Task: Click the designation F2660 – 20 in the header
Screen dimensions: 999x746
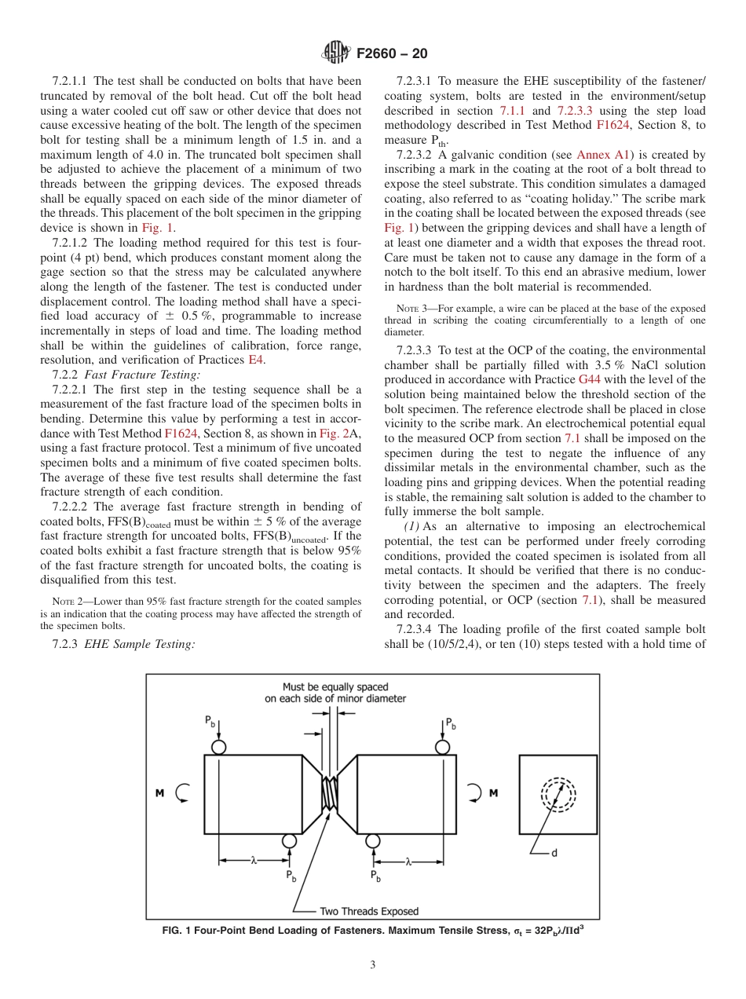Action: pos(392,53)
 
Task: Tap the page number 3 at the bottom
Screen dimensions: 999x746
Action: pos(372,965)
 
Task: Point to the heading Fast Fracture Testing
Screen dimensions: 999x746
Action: pos(142,375)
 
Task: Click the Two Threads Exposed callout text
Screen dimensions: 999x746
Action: pos(368,911)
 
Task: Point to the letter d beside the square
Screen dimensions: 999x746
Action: pos(554,853)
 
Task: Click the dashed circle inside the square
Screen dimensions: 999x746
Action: pos(558,794)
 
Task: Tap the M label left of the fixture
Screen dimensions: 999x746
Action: pos(159,793)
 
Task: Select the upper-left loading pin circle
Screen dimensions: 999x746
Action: pos(218,746)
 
